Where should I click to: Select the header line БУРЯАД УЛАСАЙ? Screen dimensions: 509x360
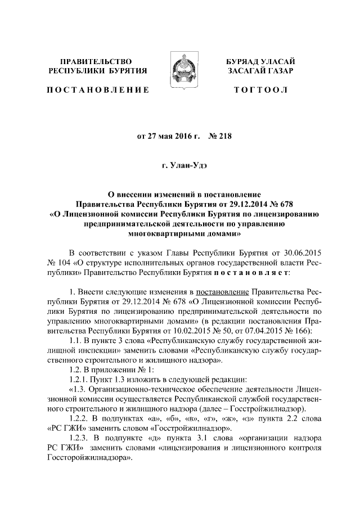point(260,61)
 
